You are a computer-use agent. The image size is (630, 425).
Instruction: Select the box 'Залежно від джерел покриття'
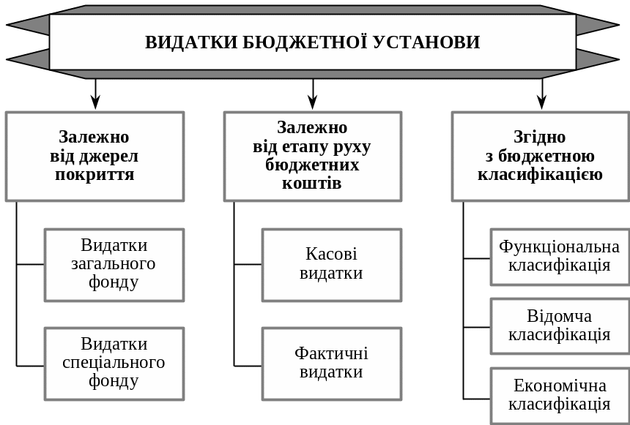94,156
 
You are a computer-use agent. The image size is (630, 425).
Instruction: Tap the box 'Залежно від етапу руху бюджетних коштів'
312,156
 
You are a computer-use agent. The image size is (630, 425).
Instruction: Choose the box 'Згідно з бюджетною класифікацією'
540,156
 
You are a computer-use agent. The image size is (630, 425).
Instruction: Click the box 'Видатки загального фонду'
114,264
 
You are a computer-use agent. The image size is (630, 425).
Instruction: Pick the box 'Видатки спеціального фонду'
114,363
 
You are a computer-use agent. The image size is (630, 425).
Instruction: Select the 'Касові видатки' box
331,264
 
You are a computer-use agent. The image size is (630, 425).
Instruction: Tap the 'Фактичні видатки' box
331,363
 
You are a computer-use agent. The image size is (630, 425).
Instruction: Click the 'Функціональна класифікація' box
560,256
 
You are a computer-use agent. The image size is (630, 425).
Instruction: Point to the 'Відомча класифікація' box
560,326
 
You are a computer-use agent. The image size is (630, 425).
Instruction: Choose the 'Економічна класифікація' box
560,395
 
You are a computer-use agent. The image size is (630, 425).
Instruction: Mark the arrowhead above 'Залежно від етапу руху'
313,103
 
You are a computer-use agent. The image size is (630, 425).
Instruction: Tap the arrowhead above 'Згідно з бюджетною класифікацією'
542,103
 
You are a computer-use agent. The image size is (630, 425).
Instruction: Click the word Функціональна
560,247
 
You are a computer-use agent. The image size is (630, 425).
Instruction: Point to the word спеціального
114,363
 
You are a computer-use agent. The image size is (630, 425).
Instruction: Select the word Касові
331,255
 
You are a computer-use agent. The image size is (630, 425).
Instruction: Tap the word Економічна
560,385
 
